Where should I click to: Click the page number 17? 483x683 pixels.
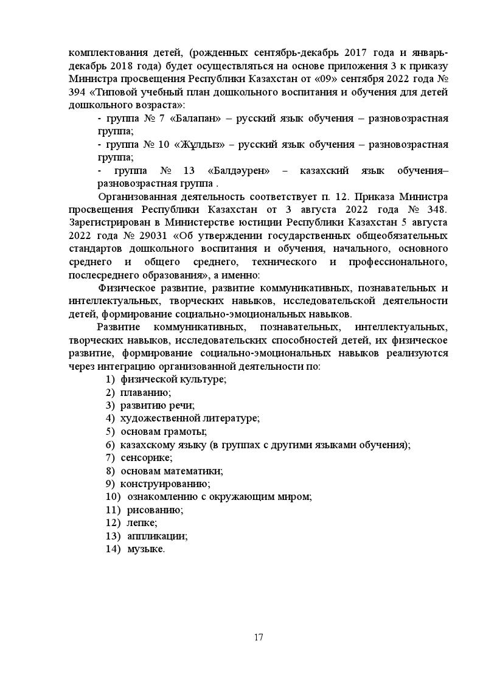click(x=259, y=637)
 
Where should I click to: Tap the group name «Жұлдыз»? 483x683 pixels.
click(x=200, y=145)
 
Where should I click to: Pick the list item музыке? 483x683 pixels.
click(x=146, y=549)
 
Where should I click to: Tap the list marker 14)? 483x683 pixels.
click(x=113, y=549)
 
